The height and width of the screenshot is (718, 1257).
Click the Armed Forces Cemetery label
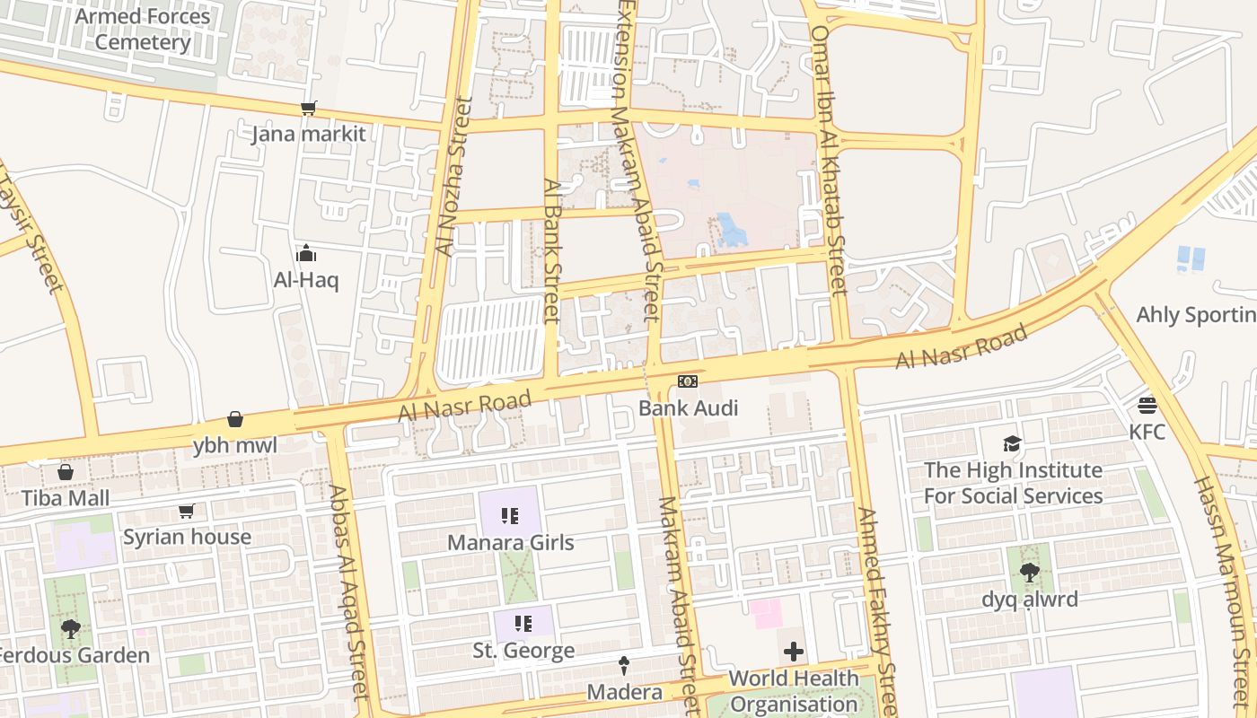click(x=143, y=29)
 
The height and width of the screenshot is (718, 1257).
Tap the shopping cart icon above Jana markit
click(x=309, y=109)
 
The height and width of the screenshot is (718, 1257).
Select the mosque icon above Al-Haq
click(x=306, y=253)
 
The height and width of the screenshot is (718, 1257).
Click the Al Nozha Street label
click(x=453, y=177)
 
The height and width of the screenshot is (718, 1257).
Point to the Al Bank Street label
click(x=552, y=250)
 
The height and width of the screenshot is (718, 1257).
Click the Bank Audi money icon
click(x=688, y=382)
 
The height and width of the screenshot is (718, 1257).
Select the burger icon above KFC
click(x=1147, y=405)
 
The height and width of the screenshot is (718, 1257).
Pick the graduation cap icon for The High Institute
click(x=1013, y=443)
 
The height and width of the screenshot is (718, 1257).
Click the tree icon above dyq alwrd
click(x=1029, y=572)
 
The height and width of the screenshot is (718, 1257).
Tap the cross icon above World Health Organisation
click(x=794, y=651)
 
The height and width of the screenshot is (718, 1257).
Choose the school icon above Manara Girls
click(x=510, y=516)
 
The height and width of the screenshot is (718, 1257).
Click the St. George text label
click(x=523, y=651)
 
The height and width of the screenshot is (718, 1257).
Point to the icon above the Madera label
click(x=624, y=665)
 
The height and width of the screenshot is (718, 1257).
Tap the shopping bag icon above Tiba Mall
click(x=66, y=472)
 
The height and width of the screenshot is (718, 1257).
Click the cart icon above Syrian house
click(x=187, y=511)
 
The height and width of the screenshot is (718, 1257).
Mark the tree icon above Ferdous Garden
click(x=71, y=628)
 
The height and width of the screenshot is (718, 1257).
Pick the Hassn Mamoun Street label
click(x=1222, y=574)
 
